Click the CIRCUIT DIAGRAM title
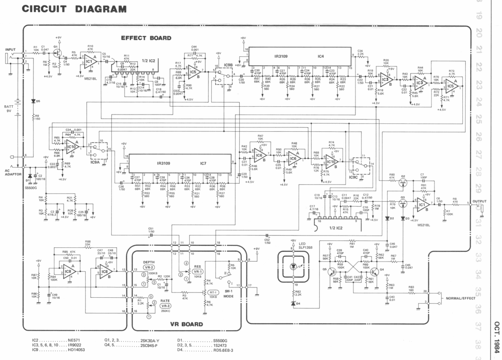[x=74, y=9]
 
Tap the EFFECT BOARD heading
[x=146, y=38]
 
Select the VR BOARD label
[x=186, y=324]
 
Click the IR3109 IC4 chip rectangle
[x=300, y=56]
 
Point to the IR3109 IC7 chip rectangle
[x=180, y=163]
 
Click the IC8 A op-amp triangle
[x=68, y=271]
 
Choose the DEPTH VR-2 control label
[x=149, y=265]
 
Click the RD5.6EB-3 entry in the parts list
[x=223, y=350]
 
